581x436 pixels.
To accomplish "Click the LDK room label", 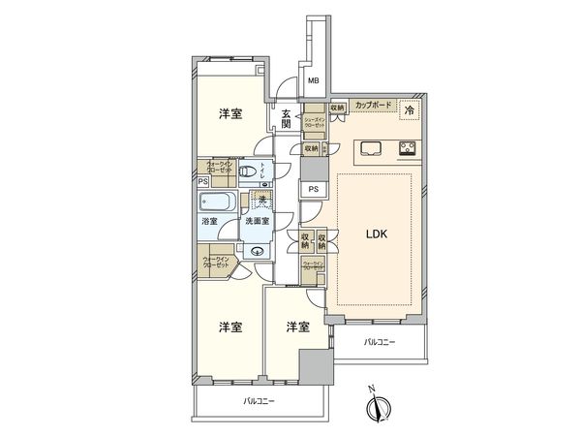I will [376, 234].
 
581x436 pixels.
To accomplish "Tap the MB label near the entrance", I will [314, 81].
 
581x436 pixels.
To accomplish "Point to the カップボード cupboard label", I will [374, 105].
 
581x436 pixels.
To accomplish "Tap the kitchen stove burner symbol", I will [407, 148].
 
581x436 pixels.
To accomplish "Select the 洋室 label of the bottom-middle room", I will [296, 327].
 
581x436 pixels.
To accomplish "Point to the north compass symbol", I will [379, 408].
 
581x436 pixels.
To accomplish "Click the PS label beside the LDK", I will [313, 190].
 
